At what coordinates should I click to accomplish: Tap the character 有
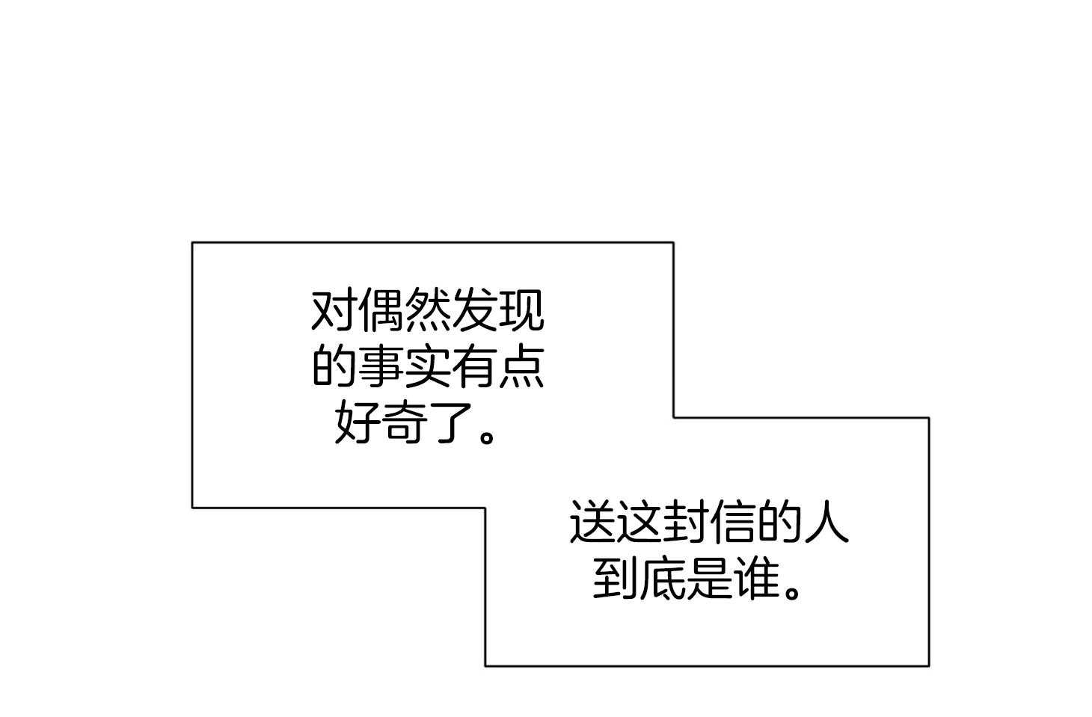[x=474, y=366]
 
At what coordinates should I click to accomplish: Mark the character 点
[x=521, y=366]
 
